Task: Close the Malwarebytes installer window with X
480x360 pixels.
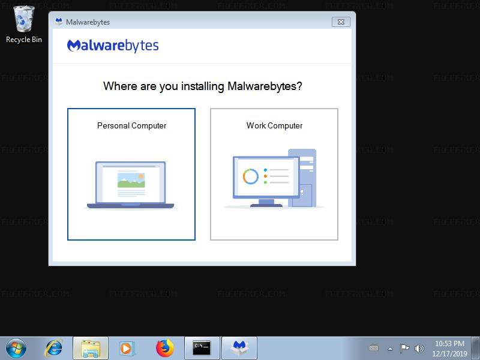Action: (x=341, y=22)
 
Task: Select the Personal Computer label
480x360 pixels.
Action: (x=131, y=125)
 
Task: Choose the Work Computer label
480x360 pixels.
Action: (x=274, y=125)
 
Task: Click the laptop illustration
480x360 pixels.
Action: (x=131, y=185)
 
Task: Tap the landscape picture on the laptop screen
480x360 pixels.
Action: (x=131, y=180)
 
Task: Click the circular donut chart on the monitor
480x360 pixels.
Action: (x=251, y=176)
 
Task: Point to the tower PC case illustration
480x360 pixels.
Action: (x=302, y=178)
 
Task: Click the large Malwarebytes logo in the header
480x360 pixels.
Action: (x=113, y=46)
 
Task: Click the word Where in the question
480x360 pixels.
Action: (x=120, y=86)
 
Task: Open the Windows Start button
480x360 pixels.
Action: (x=16, y=348)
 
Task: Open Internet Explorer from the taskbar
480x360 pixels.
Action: (x=53, y=348)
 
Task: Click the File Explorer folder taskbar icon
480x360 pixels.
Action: (x=91, y=348)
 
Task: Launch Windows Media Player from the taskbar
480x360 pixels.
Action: (x=126, y=349)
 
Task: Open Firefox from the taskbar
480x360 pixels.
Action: (x=164, y=348)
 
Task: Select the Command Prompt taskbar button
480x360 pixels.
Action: (x=202, y=348)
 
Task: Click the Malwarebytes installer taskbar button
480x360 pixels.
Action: (x=239, y=348)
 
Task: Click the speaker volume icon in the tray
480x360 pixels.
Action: (x=419, y=349)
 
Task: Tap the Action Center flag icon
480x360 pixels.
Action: (x=404, y=349)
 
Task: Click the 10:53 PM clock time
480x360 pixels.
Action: (x=449, y=343)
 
